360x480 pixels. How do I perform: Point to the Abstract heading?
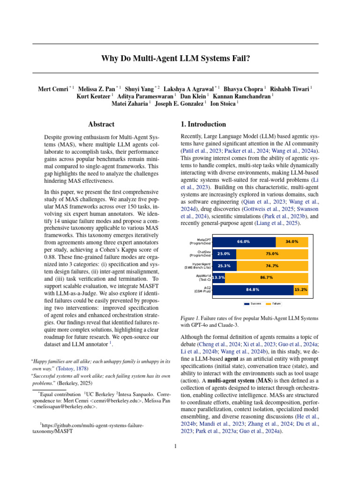pos(101,124)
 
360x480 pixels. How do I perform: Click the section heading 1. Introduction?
pos(203,124)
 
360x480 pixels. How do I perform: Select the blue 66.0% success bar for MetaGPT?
pos(244,241)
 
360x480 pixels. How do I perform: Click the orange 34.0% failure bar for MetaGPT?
pos(292,241)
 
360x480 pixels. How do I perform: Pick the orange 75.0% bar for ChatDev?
pos(272,254)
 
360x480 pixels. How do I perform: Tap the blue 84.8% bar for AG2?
pos(253,290)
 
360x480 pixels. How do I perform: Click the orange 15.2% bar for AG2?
pos(301,290)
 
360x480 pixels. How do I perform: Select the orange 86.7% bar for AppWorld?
pos(266,277)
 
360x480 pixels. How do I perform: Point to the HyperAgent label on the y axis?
pos(200,265)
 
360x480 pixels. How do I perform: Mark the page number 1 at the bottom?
pos(175,446)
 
